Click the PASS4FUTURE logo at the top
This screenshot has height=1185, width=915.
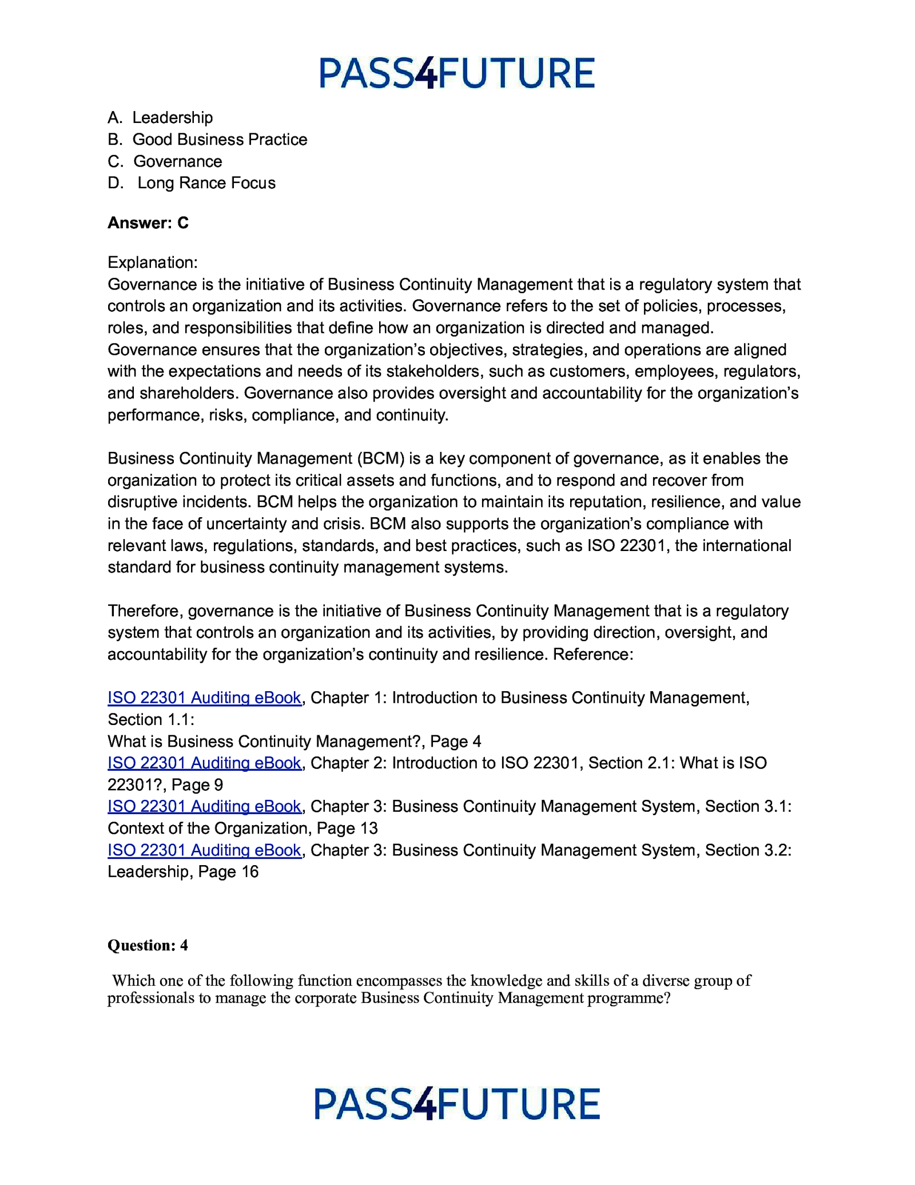[x=456, y=73]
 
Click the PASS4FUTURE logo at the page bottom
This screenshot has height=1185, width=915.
[x=456, y=1104]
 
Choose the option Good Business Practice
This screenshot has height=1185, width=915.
[x=208, y=140]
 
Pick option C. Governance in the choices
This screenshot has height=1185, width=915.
[x=165, y=161]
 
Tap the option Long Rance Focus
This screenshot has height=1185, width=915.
[x=192, y=183]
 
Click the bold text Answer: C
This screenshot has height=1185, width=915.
[x=148, y=223]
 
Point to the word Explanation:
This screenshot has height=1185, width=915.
[x=153, y=263]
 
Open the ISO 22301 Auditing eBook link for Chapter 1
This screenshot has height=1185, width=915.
[x=204, y=698]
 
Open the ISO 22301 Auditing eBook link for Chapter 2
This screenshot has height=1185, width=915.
[x=204, y=763]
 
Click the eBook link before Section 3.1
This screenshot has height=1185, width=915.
[x=204, y=807]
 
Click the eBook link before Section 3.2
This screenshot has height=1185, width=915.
[x=204, y=850]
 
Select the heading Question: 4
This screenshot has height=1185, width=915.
[x=148, y=945]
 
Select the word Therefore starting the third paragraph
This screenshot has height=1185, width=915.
[x=144, y=611]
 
